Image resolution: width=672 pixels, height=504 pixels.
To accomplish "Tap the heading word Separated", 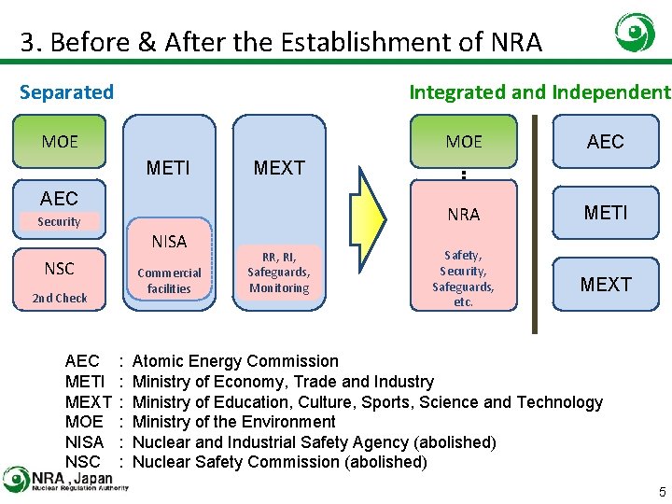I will (66, 91).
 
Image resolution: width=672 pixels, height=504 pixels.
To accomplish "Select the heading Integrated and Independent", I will (539, 91).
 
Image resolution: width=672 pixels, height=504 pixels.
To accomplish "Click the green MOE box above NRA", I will (464, 142).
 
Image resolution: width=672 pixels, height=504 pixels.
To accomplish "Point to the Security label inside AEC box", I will (59, 222).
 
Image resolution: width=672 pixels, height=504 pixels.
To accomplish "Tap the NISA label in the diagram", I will (169, 242).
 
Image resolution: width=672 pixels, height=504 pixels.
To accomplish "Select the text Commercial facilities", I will (169, 281).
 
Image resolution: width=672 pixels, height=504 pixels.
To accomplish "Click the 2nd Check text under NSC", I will (59, 299).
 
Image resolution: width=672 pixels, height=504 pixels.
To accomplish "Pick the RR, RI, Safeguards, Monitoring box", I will (278, 273).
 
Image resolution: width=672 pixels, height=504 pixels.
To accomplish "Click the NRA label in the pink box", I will (464, 215).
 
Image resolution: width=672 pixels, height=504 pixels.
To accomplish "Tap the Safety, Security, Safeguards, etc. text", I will (464, 278).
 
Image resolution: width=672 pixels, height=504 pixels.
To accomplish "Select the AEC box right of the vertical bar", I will (605, 142).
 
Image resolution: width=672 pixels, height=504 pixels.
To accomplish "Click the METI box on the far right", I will (605, 213).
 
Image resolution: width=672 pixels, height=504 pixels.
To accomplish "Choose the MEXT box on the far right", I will (605, 284).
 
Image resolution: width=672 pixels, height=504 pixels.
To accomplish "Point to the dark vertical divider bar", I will (535, 224).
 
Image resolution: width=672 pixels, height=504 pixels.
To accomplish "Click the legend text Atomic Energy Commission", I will (235, 361).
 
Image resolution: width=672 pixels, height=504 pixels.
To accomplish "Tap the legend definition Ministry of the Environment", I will (234, 422).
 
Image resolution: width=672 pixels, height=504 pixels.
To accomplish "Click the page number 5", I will (662, 492).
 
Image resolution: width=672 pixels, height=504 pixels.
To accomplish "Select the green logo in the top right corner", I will (635, 34).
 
